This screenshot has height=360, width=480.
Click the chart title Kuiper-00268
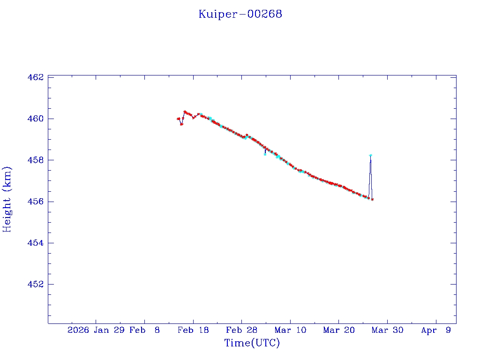pyautogui.click(x=240, y=14)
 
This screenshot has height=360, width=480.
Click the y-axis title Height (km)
pyautogui.click(x=7, y=199)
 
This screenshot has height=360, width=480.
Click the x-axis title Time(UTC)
pyautogui.click(x=252, y=343)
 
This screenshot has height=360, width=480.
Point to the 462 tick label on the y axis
pyautogui.click(x=35, y=77)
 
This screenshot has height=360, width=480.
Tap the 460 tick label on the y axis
pyautogui.click(x=35, y=119)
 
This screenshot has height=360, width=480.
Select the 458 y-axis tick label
pyautogui.click(x=35, y=160)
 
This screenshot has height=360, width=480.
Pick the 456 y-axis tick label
pyautogui.click(x=35, y=202)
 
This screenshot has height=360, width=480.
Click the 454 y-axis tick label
pyautogui.click(x=35, y=243)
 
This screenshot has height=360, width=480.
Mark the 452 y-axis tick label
pyautogui.click(x=35, y=285)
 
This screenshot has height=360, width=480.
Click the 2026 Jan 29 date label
pyautogui.click(x=96, y=330)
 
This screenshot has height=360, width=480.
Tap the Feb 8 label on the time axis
pyautogui.click(x=144, y=330)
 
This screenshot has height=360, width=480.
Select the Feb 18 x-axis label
pyautogui.click(x=193, y=330)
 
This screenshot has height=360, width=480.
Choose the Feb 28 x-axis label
pyautogui.click(x=241, y=330)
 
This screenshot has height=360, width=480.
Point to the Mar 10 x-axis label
pyautogui.click(x=290, y=330)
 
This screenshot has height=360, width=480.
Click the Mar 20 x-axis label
pyautogui.click(x=338, y=330)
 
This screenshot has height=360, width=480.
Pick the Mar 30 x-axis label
pyautogui.click(x=387, y=330)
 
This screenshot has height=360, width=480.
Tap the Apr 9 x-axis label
pyautogui.click(x=436, y=330)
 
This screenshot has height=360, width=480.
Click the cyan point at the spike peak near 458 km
pyautogui.click(x=370, y=155)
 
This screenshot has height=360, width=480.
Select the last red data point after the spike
pyautogui.click(x=372, y=199)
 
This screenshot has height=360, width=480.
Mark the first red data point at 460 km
pyautogui.click(x=178, y=119)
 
